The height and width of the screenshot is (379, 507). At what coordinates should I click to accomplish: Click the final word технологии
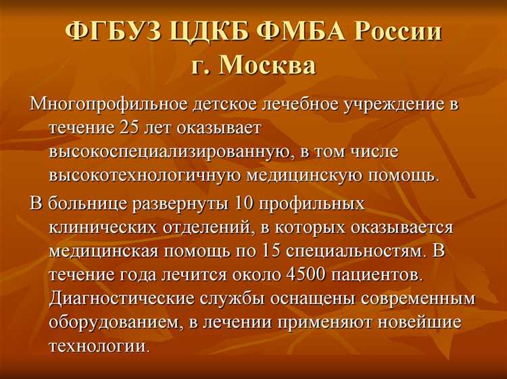click(x=97, y=347)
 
